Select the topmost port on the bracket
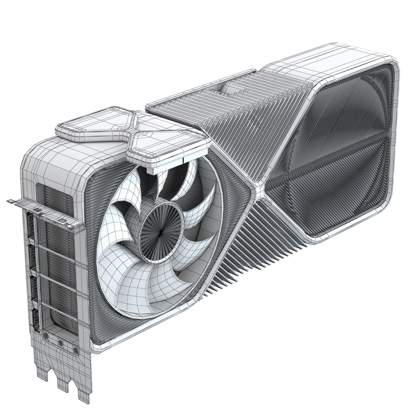(x=30, y=230)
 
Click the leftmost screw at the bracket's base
(x=46, y=337)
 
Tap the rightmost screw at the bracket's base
(x=75, y=350)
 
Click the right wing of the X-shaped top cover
(x=168, y=147)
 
